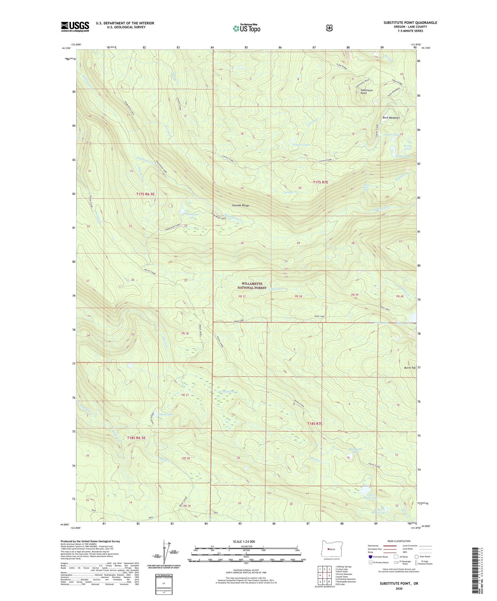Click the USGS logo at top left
[x=75, y=26]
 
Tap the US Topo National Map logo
[x=246, y=28]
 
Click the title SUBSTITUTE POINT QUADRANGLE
[x=410, y=23]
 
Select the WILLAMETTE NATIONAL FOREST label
[x=254, y=286]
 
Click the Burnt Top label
[x=410, y=368]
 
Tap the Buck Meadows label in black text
[x=391, y=118]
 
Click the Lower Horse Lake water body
[x=365, y=490]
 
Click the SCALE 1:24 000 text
[x=244, y=541]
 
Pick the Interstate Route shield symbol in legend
[x=370, y=557]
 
